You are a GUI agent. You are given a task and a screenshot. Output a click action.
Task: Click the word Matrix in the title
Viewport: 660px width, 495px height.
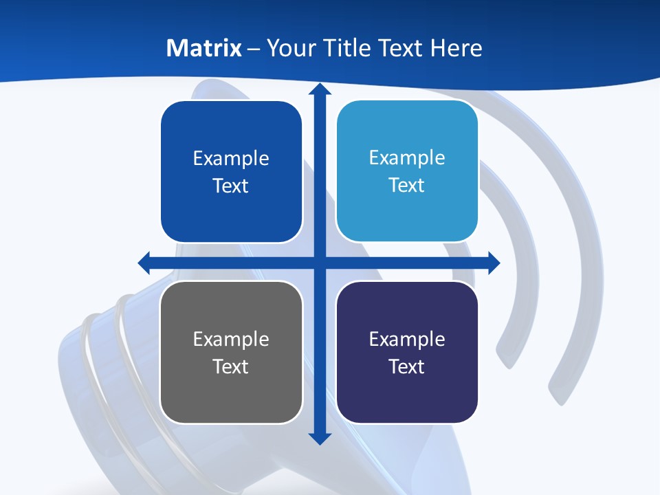[203, 48]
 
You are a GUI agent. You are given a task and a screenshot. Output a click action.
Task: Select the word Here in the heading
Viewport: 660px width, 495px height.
[456, 48]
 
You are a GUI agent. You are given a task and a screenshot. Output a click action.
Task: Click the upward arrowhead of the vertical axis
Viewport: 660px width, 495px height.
[320, 89]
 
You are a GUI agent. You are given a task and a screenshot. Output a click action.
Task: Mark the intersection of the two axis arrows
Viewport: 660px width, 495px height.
[320, 263]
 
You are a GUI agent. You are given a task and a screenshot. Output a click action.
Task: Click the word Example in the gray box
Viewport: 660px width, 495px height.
[231, 339]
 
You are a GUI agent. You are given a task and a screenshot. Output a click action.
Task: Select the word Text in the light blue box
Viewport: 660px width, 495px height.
[407, 186]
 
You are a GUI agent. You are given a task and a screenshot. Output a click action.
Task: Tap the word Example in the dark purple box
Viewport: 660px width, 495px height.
[407, 339]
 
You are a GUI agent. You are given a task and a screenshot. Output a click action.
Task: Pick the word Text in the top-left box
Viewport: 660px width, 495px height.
[231, 186]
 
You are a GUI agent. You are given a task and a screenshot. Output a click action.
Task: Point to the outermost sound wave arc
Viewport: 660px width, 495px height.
[574, 275]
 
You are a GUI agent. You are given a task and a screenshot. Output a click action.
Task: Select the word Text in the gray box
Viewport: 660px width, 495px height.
[231, 366]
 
